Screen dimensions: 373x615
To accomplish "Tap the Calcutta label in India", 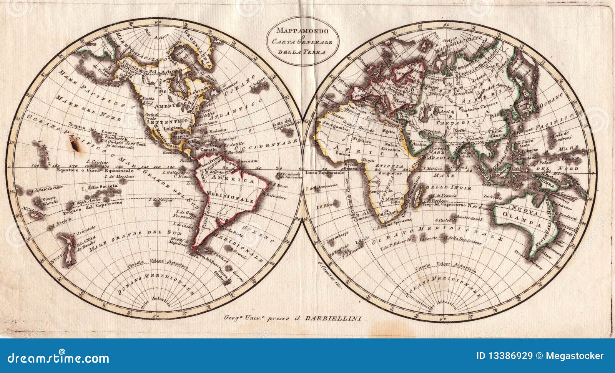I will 475,139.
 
